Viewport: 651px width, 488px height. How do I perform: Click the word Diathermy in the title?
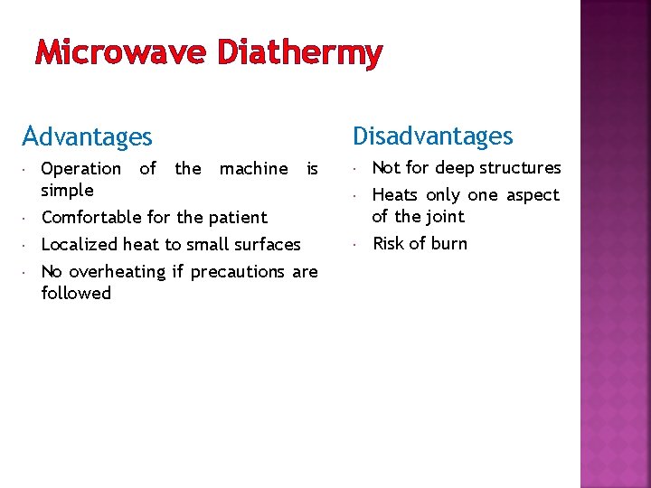tap(300, 54)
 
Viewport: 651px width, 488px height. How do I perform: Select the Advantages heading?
tap(88, 137)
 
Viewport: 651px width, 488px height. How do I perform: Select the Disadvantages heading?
tap(432, 136)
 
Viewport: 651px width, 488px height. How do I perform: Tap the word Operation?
tap(81, 169)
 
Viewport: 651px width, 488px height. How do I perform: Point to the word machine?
tap(253, 169)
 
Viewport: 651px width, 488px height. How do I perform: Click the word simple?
tap(68, 191)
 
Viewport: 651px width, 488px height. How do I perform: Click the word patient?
tap(239, 218)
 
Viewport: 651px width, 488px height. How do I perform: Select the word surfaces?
tap(268, 245)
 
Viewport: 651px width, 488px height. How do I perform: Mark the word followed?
tap(76, 294)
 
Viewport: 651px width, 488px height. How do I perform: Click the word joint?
tap(445, 217)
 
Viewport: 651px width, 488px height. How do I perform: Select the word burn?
tap(448, 244)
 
